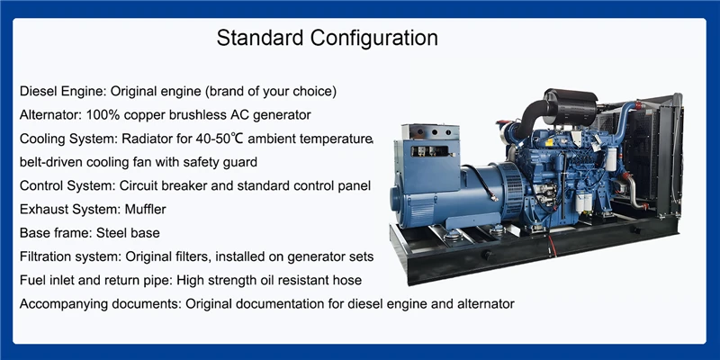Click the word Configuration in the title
click(374, 38)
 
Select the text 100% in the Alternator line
click(103, 115)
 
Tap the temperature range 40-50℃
click(220, 139)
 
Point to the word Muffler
click(145, 210)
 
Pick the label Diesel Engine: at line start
click(63, 92)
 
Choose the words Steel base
click(128, 233)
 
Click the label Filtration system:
click(71, 256)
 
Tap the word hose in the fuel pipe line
click(348, 280)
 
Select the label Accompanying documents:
click(101, 304)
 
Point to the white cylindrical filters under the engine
click(583, 202)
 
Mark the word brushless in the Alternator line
click(210, 115)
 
